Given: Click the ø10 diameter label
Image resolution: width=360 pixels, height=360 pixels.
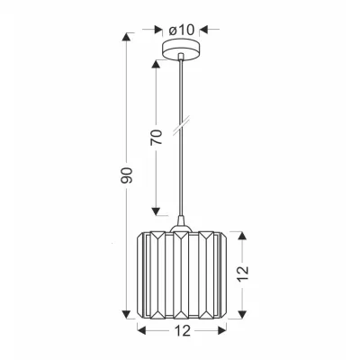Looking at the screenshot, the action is [182, 30].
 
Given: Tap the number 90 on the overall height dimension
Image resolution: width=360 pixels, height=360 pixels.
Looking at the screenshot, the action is [126, 175].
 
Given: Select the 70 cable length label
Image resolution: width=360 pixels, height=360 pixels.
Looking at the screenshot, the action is [156, 137].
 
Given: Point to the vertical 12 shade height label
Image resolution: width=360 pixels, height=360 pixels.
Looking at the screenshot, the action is [243, 273].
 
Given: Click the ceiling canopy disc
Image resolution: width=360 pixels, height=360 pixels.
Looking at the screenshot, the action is [181, 49].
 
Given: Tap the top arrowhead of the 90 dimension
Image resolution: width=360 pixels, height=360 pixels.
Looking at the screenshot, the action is [126, 37].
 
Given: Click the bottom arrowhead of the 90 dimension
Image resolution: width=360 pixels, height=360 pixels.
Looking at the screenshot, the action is [126, 314].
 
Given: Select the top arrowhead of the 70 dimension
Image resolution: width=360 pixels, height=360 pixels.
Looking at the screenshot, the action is [156, 65].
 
